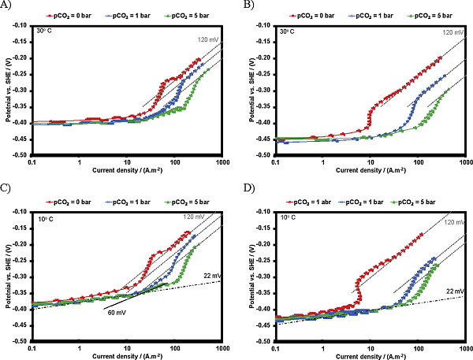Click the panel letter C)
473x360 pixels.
[x=6, y=188]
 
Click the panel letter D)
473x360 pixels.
[x=249, y=189]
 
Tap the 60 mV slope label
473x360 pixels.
[x=116, y=312]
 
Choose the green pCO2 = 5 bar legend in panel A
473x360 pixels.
[x=183, y=14]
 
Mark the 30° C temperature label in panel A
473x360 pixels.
[x=45, y=30]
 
